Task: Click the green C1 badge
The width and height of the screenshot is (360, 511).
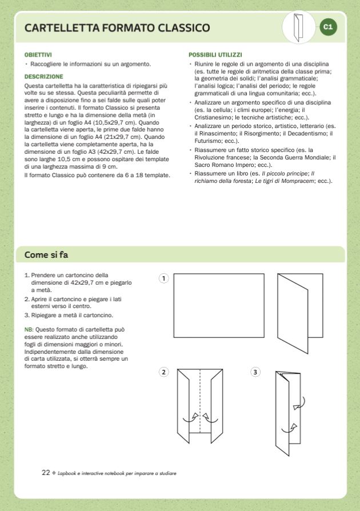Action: coord(328,27)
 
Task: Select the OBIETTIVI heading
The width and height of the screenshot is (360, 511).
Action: coord(38,55)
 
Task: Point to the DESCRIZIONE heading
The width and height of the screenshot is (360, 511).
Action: coord(44,76)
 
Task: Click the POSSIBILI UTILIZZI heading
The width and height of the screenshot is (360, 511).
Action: coord(215,55)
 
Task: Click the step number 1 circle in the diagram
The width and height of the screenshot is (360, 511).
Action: coord(164,278)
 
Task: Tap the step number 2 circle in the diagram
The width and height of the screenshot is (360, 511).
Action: coord(164,372)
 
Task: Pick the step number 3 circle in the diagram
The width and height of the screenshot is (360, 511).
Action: coord(255,372)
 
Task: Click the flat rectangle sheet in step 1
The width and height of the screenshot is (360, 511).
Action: coord(219,306)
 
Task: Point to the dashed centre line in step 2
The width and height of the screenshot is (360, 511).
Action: coord(199,406)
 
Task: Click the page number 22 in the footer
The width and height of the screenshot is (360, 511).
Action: coord(46,473)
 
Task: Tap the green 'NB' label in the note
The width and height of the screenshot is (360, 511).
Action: coord(29,330)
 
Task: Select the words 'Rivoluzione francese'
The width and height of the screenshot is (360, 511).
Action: coord(221,157)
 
